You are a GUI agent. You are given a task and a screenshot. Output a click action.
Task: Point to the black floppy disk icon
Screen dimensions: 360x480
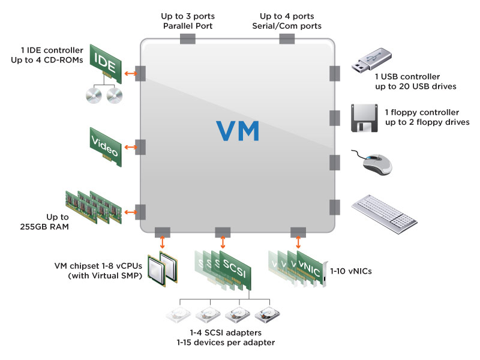coord(364,118)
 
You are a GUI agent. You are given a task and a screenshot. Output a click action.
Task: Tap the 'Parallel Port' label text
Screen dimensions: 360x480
coord(187,26)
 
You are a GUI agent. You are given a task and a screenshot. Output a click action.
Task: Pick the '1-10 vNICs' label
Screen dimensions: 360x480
coord(351,271)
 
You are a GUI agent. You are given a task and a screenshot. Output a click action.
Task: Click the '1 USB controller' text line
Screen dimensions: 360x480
coord(407,77)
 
